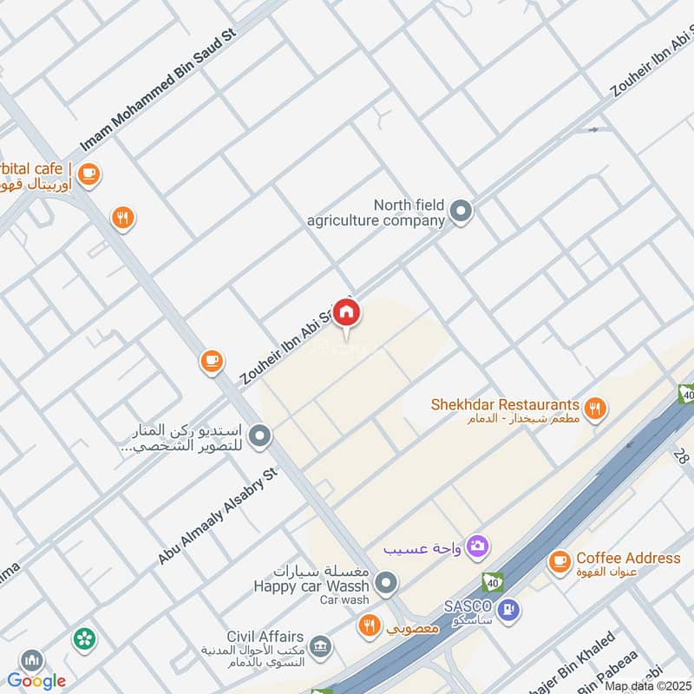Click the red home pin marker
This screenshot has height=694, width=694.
click(347, 313)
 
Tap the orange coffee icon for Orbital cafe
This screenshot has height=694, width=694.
click(88, 174)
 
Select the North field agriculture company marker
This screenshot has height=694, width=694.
click(462, 211)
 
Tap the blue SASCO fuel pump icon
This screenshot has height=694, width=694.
click(511, 610)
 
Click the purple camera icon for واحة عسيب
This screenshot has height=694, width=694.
click(476, 547)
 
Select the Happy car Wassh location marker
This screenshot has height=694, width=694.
click(388, 582)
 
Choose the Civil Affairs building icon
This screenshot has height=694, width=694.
click(320, 646)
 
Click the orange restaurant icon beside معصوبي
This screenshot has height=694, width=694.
click(370, 625)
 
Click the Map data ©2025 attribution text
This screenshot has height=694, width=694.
click(648, 685)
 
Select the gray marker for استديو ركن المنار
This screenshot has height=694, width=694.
click(259, 435)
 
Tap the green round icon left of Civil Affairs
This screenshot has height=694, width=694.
click(84, 639)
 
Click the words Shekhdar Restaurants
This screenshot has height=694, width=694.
click(505, 404)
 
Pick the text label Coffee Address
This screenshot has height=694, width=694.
click(628, 558)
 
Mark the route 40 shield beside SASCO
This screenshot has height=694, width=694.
click(491, 582)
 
